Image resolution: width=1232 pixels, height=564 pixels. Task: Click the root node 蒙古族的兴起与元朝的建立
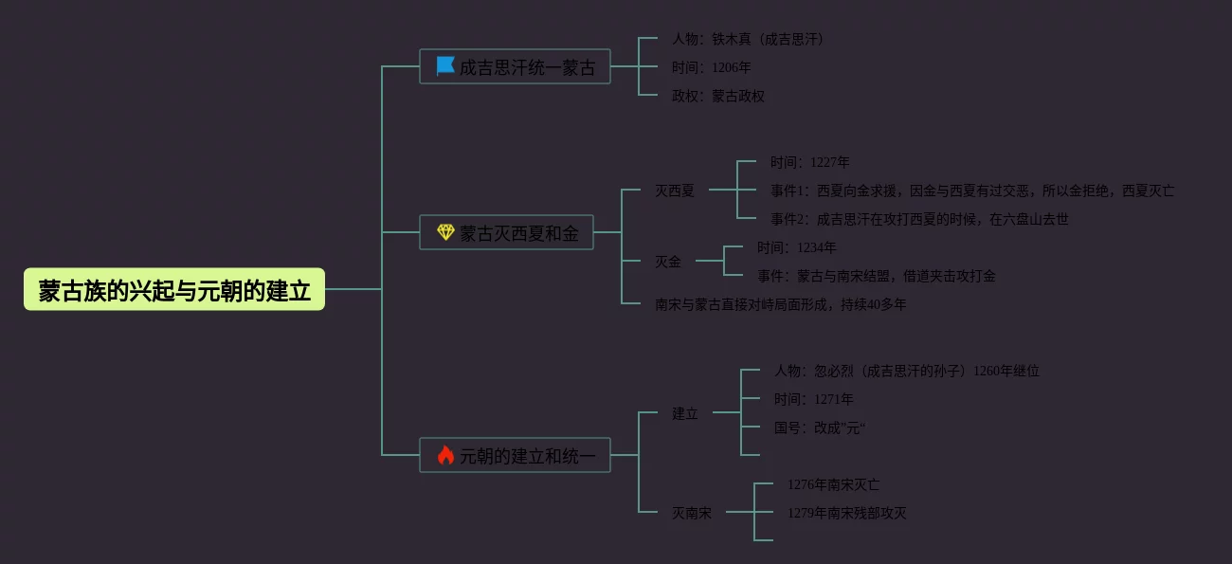click(x=174, y=289)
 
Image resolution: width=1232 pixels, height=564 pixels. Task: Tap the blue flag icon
click(x=445, y=65)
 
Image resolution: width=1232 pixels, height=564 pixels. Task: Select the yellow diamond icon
click(x=445, y=232)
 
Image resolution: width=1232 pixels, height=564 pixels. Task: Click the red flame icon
click(x=445, y=455)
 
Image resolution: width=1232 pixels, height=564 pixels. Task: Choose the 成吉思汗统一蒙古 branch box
click(x=515, y=66)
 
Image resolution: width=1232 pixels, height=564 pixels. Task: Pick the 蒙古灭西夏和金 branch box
click(x=506, y=232)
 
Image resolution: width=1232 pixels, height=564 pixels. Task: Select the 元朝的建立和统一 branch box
click(x=515, y=455)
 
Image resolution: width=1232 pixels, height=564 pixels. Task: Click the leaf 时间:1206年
click(x=711, y=67)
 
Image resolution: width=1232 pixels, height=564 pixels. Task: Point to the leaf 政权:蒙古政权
click(x=717, y=96)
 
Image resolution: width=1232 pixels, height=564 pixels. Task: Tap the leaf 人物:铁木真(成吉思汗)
click(x=747, y=39)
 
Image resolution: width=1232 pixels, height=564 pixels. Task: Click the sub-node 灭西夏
click(x=674, y=191)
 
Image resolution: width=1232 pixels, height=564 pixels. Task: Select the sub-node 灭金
click(x=667, y=262)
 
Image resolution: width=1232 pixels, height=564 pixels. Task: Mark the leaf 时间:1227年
click(x=809, y=162)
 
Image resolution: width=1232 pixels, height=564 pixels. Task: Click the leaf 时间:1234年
click(x=796, y=247)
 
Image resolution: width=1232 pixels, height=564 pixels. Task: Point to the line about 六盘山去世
click(x=918, y=219)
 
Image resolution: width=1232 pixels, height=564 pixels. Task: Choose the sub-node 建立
click(x=684, y=413)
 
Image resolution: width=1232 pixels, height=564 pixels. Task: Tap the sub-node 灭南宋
click(x=691, y=513)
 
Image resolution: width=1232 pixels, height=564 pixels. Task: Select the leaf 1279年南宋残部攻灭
click(x=846, y=513)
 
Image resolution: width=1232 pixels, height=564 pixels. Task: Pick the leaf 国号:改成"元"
click(x=819, y=428)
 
